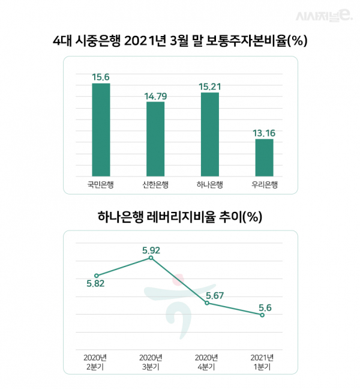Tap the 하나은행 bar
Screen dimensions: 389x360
[210, 133]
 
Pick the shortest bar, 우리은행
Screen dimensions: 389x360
[264, 156]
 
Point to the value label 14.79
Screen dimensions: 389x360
[155, 95]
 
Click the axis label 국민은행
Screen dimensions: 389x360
[101, 184]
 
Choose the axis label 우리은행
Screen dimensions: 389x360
[264, 184]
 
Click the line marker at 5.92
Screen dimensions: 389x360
[151, 258]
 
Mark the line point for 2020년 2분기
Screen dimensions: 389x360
[96, 276]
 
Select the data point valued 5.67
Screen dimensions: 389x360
[207, 303]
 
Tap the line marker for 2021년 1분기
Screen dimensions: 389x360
[262, 315]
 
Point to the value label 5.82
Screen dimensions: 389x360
[96, 285]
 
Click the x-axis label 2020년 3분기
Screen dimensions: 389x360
[151, 361]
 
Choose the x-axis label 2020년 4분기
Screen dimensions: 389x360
[207, 361]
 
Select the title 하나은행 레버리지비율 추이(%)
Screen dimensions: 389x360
[180, 217]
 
